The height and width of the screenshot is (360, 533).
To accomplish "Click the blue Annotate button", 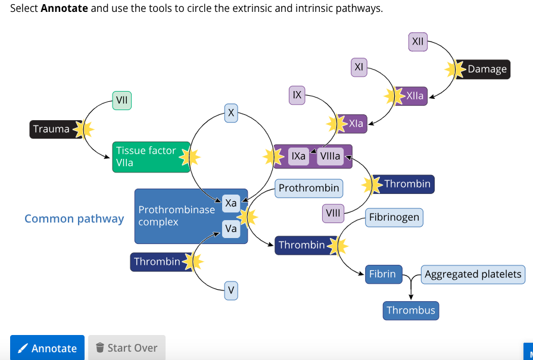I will click(x=47, y=348).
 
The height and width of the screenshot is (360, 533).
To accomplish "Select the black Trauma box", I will click(x=51, y=129).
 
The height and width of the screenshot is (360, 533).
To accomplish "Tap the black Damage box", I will click(x=487, y=69).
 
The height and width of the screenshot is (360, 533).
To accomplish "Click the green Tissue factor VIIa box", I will click(x=151, y=156).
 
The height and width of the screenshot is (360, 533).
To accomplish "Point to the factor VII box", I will click(x=121, y=101).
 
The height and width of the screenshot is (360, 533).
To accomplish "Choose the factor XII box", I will click(x=417, y=42).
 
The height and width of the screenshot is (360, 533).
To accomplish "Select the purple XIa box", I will click(x=356, y=124).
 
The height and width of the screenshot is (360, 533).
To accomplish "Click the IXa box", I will click(x=298, y=156).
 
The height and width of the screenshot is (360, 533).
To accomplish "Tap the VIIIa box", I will click(x=330, y=156).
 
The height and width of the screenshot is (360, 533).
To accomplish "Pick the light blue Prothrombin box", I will click(x=308, y=188).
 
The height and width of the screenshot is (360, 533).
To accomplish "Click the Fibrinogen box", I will click(x=394, y=217).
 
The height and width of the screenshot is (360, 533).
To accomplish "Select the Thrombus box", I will click(x=410, y=310).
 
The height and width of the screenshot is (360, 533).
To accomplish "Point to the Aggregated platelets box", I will click(x=473, y=274).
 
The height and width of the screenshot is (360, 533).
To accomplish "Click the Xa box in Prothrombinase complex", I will click(x=231, y=203).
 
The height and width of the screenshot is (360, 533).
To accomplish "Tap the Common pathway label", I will click(x=74, y=218).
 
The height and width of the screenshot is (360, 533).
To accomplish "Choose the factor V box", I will click(x=232, y=291).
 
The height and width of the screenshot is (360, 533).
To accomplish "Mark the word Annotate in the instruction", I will click(x=64, y=9).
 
